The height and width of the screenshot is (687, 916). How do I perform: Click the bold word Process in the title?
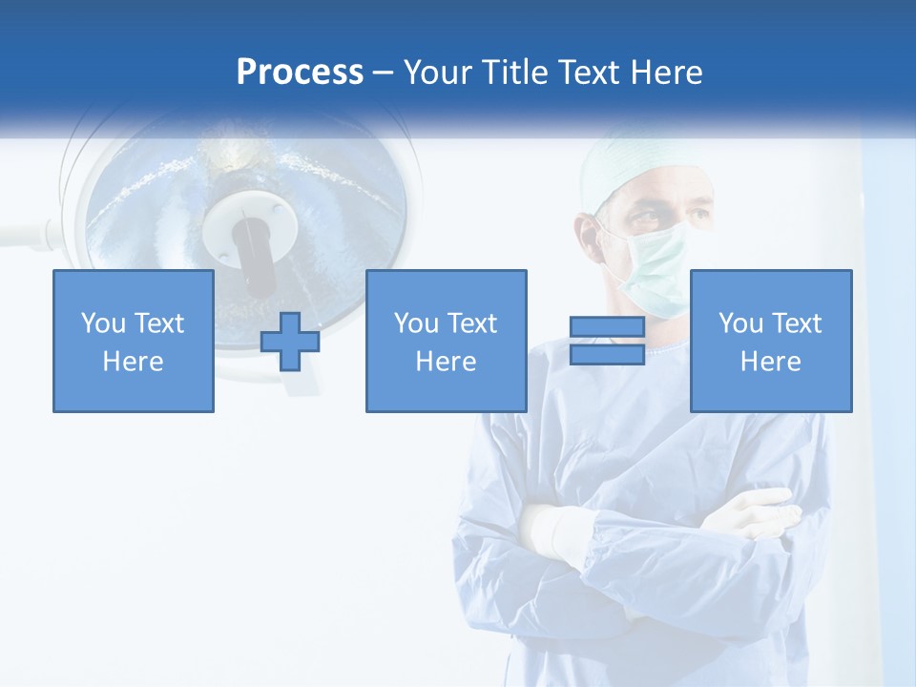(300, 72)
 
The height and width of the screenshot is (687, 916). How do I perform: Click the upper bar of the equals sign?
(607, 328)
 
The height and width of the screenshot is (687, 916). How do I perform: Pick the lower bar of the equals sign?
(607, 354)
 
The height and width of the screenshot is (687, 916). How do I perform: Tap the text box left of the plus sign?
(134, 342)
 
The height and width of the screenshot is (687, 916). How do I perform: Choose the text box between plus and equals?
(446, 342)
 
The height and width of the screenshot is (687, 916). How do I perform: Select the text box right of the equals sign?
(770, 342)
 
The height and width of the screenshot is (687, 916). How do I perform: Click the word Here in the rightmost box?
(770, 362)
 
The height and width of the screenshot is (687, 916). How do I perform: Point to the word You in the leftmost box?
(103, 323)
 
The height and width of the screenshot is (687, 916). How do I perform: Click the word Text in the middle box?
(472, 323)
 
